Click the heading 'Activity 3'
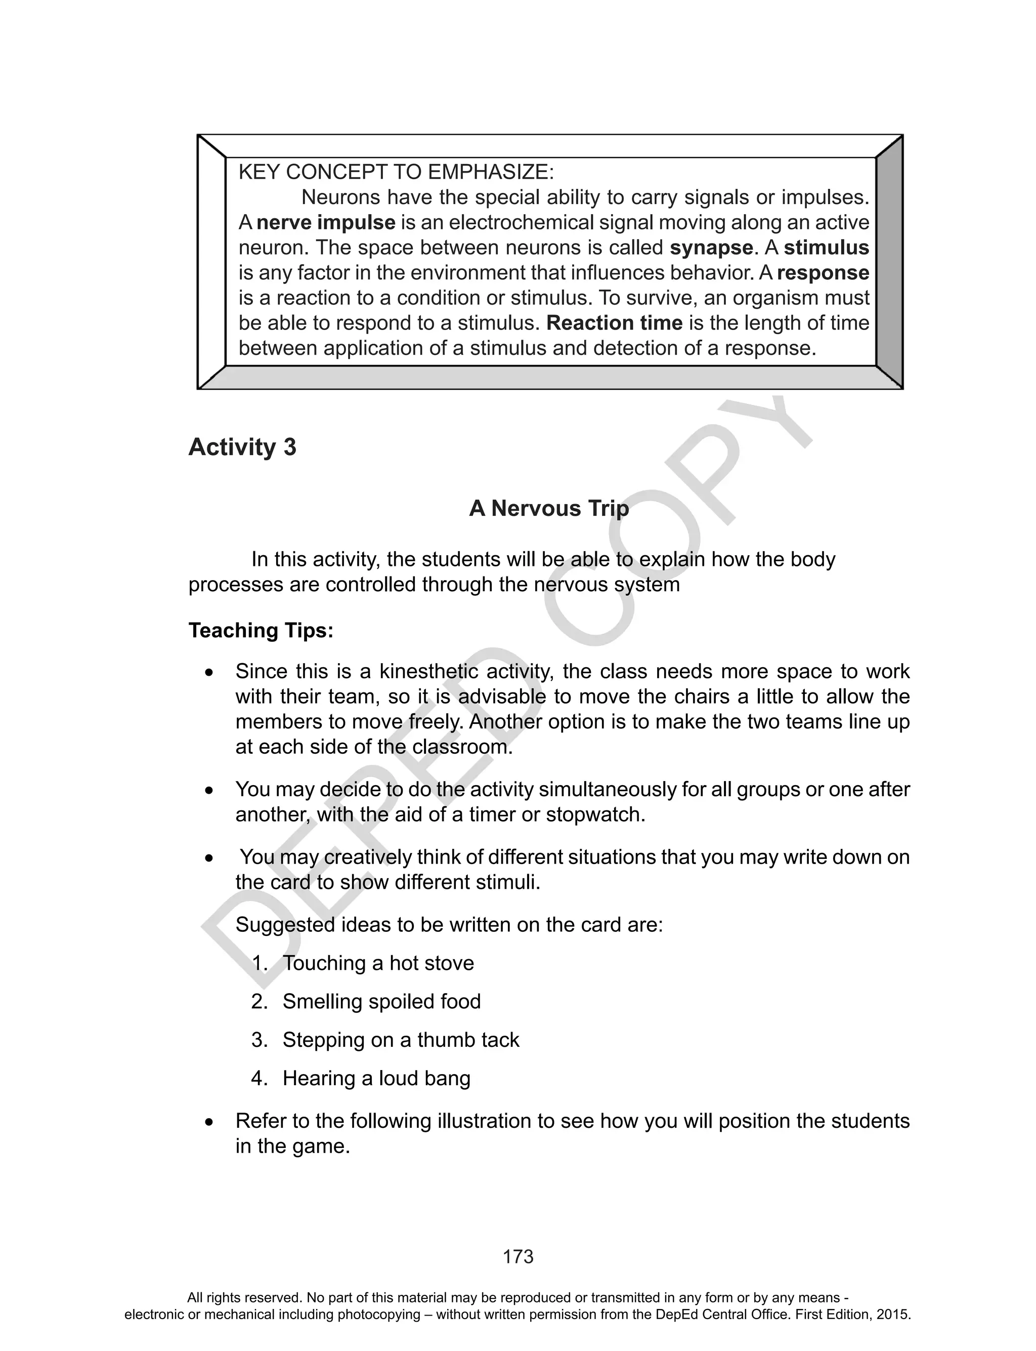pyautogui.click(x=242, y=447)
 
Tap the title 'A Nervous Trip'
pyautogui.click(x=548, y=508)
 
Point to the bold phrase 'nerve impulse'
pyautogui.click(x=326, y=223)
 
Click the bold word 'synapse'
pyautogui.click(x=711, y=248)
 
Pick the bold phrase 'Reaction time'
pyautogui.click(x=614, y=323)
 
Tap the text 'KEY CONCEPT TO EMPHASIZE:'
pyautogui.click(x=396, y=172)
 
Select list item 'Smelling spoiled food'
pyautogui.click(x=381, y=1001)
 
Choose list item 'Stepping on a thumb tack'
pyautogui.click(x=400, y=1040)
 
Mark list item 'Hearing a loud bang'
pyautogui.click(x=376, y=1078)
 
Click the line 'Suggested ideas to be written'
pyautogui.click(x=449, y=925)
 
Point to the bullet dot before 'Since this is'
pyautogui.click(x=209, y=672)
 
